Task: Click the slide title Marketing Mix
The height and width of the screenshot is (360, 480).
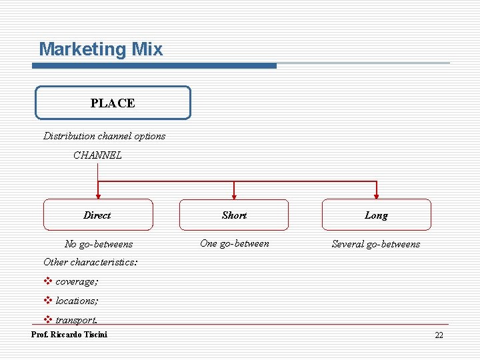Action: [x=101, y=49]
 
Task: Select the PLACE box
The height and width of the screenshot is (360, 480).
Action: [x=113, y=103]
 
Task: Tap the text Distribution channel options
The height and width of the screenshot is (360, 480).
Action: [x=105, y=136]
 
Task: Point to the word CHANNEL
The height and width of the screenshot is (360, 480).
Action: [x=97, y=155]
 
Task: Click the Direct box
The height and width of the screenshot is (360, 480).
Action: [x=98, y=215]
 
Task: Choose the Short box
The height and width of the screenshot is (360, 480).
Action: [x=234, y=215]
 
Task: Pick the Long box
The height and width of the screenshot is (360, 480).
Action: [x=376, y=215]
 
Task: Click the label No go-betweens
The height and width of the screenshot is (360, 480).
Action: [x=99, y=244]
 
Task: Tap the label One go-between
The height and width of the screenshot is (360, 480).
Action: [x=235, y=243]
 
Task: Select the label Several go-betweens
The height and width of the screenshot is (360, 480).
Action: [x=376, y=244]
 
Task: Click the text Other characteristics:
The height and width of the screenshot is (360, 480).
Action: [x=91, y=262]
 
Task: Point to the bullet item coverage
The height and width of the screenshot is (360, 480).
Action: [x=76, y=282]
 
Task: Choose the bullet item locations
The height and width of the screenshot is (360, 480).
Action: [x=76, y=301]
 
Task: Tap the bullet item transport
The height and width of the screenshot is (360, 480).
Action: [x=76, y=321]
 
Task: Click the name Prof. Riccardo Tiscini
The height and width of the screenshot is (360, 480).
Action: [x=69, y=335]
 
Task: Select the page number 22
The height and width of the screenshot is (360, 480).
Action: [x=439, y=335]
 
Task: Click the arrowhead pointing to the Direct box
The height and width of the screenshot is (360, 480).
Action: [x=98, y=196]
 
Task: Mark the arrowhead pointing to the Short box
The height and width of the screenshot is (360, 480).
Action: [x=234, y=196]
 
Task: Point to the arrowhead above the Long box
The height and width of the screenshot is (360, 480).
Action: [x=377, y=196]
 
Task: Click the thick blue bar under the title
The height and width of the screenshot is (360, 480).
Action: [x=155, y=66]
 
